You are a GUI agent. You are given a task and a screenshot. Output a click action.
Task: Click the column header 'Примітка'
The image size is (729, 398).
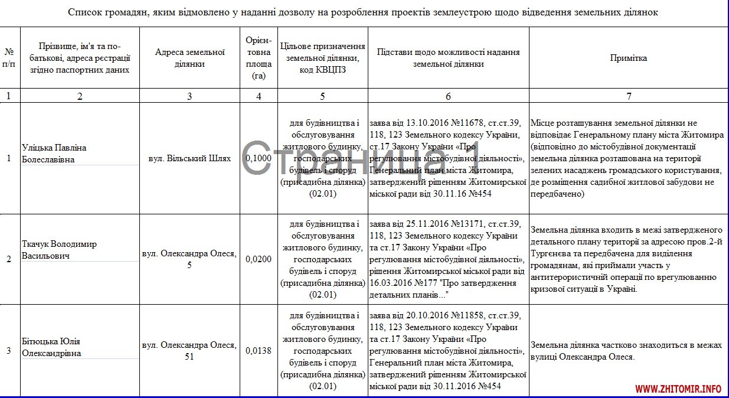pyautogui.click(x=628, y=58)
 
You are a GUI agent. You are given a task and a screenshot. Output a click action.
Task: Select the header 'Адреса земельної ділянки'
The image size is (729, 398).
pyautogui.click(x=189, y=58)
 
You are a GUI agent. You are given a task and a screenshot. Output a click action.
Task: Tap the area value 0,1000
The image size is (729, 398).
pyautogui.click(x=259, y=158)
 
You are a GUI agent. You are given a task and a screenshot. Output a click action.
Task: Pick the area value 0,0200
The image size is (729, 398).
pyautogui.click(x=259, y=259)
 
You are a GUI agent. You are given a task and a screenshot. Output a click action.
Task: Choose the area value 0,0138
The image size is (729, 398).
pyautogui.click(x=259, y=351)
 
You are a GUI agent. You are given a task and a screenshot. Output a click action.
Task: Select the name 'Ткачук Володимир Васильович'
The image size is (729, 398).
pyautogui.click(x=59, y=250)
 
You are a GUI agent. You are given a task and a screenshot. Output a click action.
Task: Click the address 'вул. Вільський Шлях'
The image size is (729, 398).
pyautogui.click(x=189, y=158)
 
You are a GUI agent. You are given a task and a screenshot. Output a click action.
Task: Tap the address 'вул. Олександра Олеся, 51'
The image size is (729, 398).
pyautogui.click(x=189, y=351)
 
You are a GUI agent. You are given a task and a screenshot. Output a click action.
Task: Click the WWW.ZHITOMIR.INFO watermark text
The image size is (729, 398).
pyautogui.click(x=678, y=389)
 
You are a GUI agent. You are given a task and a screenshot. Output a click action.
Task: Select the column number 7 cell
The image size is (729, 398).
pyautogui.click(x=628, y=96)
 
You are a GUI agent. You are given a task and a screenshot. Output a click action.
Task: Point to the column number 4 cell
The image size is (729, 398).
pyautogui.click(x=259, y=96)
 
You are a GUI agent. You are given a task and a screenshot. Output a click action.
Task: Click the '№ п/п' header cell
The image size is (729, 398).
pyautogui.click(x=9, y=58)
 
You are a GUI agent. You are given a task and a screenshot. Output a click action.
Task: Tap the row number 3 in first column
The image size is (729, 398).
pyautogui.click(x=9, y=351)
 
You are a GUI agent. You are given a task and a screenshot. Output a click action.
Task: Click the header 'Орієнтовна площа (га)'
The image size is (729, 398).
pyautogui.click(x=259, y=58)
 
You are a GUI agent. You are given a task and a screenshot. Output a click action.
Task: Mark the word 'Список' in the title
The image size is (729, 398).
pyautogui.click(x=87, y=12)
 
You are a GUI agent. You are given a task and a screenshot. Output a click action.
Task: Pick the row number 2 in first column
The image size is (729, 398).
pyautogui.click(x=9, y=259)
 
